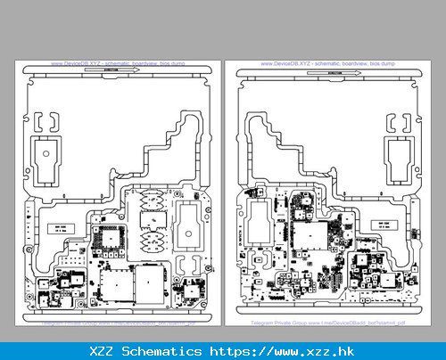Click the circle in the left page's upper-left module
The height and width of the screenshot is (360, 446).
(46, 153)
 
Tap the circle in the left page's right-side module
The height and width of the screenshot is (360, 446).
(188, 230)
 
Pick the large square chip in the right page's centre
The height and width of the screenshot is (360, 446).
(309, 234)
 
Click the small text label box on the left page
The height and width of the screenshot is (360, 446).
(60, 228)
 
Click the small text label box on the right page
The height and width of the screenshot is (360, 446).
(385, 226)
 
